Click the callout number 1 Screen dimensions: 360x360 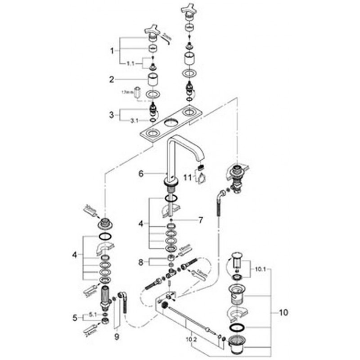coord(112,51)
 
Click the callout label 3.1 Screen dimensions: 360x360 coord(134,121)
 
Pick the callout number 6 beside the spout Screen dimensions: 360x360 coord(140,173)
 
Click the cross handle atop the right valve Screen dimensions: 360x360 coord(187,9)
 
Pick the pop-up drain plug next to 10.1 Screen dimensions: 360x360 coord(237,260)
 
